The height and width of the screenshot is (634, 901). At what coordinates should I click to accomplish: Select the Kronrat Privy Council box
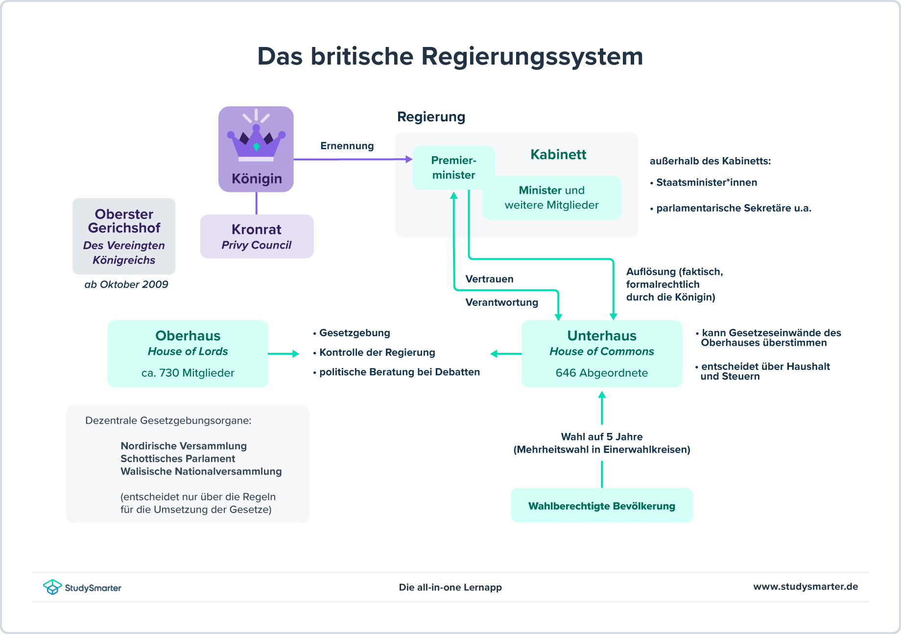point(257,236)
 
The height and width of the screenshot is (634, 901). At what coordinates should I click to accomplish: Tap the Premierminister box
point(453,168)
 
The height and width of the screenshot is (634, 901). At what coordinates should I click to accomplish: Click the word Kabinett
point(558,155)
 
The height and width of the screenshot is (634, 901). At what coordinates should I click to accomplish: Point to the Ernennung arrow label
point(347,146)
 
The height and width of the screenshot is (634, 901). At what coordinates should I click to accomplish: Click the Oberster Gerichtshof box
point(124,236)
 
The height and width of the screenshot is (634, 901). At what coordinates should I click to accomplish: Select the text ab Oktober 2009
point(126,284)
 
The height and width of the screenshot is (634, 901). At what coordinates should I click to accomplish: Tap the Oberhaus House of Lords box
point(188,353)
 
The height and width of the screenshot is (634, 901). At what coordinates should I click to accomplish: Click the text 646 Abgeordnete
point(601,373)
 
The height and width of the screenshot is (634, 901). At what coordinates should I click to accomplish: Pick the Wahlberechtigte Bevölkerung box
point(601,506)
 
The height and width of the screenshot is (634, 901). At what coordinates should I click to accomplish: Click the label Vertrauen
point(489,279)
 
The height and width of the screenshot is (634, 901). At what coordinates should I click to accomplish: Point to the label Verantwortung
point(501,302)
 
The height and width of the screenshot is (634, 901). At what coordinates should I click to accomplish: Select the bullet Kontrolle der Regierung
point(377,352)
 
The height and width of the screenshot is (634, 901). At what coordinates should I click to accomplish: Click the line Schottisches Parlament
point(178,458)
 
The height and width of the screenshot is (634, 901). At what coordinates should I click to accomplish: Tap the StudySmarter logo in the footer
point(82,587)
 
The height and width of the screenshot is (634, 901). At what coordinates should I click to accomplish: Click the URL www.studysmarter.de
point(805,587)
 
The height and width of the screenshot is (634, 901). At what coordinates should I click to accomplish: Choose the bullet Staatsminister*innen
point(706,182)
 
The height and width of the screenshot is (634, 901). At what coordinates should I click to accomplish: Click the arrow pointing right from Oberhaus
point(284,353)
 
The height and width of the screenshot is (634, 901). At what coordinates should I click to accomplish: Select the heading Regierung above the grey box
point(431,117)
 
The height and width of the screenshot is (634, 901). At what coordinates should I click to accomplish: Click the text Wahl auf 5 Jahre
point(601,436)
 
